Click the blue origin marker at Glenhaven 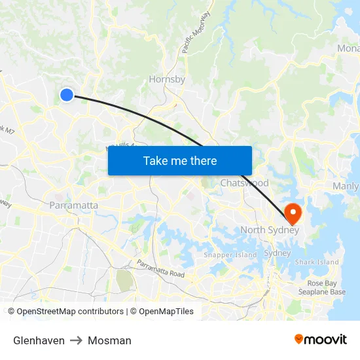tap(66, 96)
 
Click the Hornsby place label tap(167, 79)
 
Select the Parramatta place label tap(74, 206)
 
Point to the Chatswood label tap(244, 183)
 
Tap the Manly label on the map tap(346, 187)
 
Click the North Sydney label tap(270, 230)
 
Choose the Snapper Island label tap(230, 255)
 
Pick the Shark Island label tap(317, 262)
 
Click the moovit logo tap(320, 340)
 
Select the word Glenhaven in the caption tap(39, 340)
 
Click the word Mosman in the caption tap(109, 340)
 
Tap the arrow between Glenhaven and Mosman tap(76, 340)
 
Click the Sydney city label tap(277, 253)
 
